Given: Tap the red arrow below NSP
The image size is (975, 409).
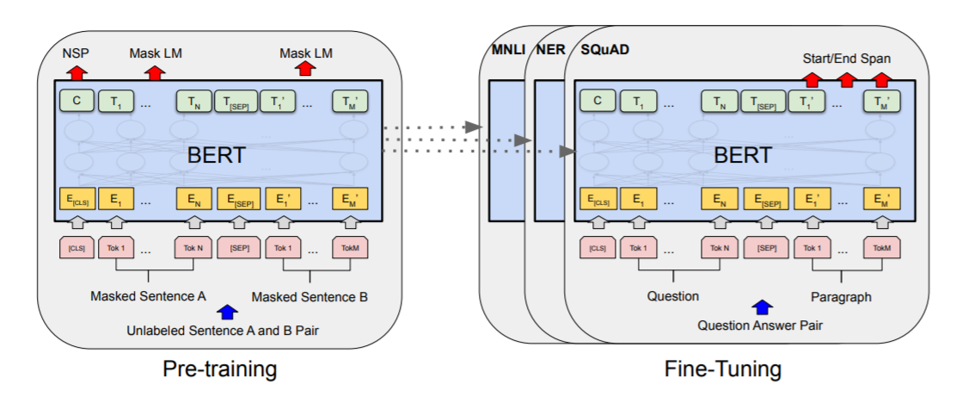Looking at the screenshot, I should [71, 71].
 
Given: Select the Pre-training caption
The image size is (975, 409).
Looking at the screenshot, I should [219, 369].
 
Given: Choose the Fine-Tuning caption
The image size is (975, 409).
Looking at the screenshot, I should [723, 369].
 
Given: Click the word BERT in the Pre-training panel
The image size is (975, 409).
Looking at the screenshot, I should [217, 156].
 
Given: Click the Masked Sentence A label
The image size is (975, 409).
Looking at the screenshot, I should [148, 296].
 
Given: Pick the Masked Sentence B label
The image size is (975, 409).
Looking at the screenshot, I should [310, 297].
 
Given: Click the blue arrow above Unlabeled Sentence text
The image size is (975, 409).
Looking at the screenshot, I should [227, 312].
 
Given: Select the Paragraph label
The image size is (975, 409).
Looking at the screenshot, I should [840, 296].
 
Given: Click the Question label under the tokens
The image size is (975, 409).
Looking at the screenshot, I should [673, 296].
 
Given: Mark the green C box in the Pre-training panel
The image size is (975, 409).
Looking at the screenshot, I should [76, 102].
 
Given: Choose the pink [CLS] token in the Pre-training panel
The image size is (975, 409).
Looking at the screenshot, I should [76, 249].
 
